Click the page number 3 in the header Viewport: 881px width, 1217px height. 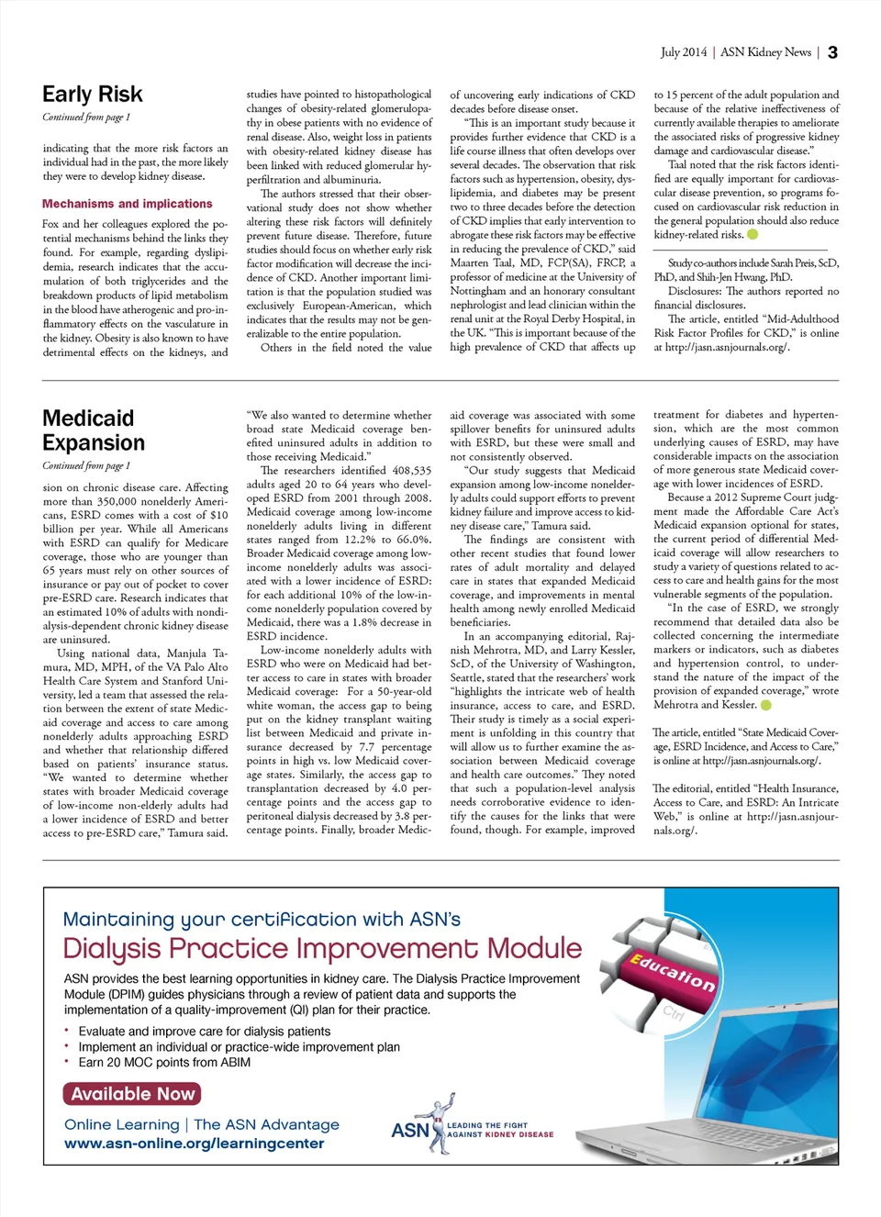click(832, 52)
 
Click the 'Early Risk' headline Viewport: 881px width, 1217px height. click(93, 95)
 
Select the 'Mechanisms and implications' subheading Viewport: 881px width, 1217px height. click(127, 204)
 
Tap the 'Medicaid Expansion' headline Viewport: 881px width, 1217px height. click(94, 430)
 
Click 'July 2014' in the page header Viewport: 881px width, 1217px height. click(684, 52)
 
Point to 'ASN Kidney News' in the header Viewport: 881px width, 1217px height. click(765, 52)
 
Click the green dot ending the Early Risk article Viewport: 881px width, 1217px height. click(753, 234)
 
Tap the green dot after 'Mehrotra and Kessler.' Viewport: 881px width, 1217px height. click(766, 705)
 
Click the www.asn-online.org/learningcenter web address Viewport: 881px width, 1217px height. click(194, 1144)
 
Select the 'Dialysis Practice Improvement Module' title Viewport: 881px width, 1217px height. click(322, 948)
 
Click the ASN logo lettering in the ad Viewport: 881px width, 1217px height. click(409, 1130)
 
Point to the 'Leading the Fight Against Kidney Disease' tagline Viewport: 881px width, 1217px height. click(500, 1130)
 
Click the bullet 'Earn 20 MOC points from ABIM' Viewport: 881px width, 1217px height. click(164, 1062)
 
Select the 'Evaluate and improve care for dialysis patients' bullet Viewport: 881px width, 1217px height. click(204, 1031)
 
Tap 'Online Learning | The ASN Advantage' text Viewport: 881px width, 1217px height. click(201, 1124)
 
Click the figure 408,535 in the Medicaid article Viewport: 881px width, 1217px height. click(412, 471)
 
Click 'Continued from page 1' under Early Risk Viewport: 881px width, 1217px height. click(86, 117)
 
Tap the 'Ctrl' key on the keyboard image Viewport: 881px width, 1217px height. click(674, 1012)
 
